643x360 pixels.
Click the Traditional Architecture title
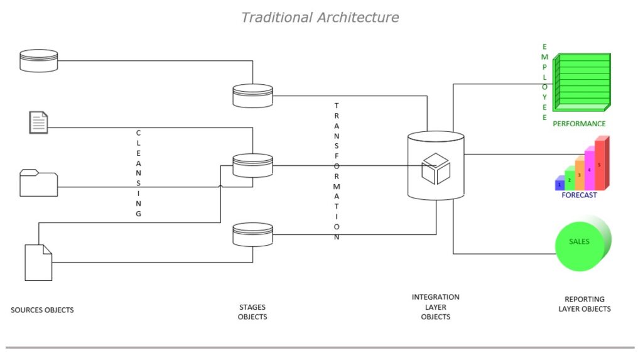point(320,18)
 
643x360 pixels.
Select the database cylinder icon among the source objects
point(38,60)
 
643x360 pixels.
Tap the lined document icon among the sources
point(38,122)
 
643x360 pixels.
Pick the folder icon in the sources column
point(38,183)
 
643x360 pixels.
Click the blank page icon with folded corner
point(38,262)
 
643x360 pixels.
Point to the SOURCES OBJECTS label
point(42,310)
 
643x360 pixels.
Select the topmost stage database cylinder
point(252,96)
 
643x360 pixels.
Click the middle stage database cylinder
point(252,166)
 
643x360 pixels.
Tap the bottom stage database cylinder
point(252,235)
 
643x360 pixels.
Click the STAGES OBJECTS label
point(252,312)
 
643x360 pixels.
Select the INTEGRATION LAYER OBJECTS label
point(436,307)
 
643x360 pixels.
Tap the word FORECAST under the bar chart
point(579,195)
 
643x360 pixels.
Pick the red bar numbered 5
point(600,165)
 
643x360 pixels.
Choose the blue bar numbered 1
point(559,184)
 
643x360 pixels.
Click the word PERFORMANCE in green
point(579,124)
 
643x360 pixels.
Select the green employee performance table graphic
point(582,82)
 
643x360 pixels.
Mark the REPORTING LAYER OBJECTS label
point(584,304)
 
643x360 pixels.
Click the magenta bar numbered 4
point(590,169)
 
